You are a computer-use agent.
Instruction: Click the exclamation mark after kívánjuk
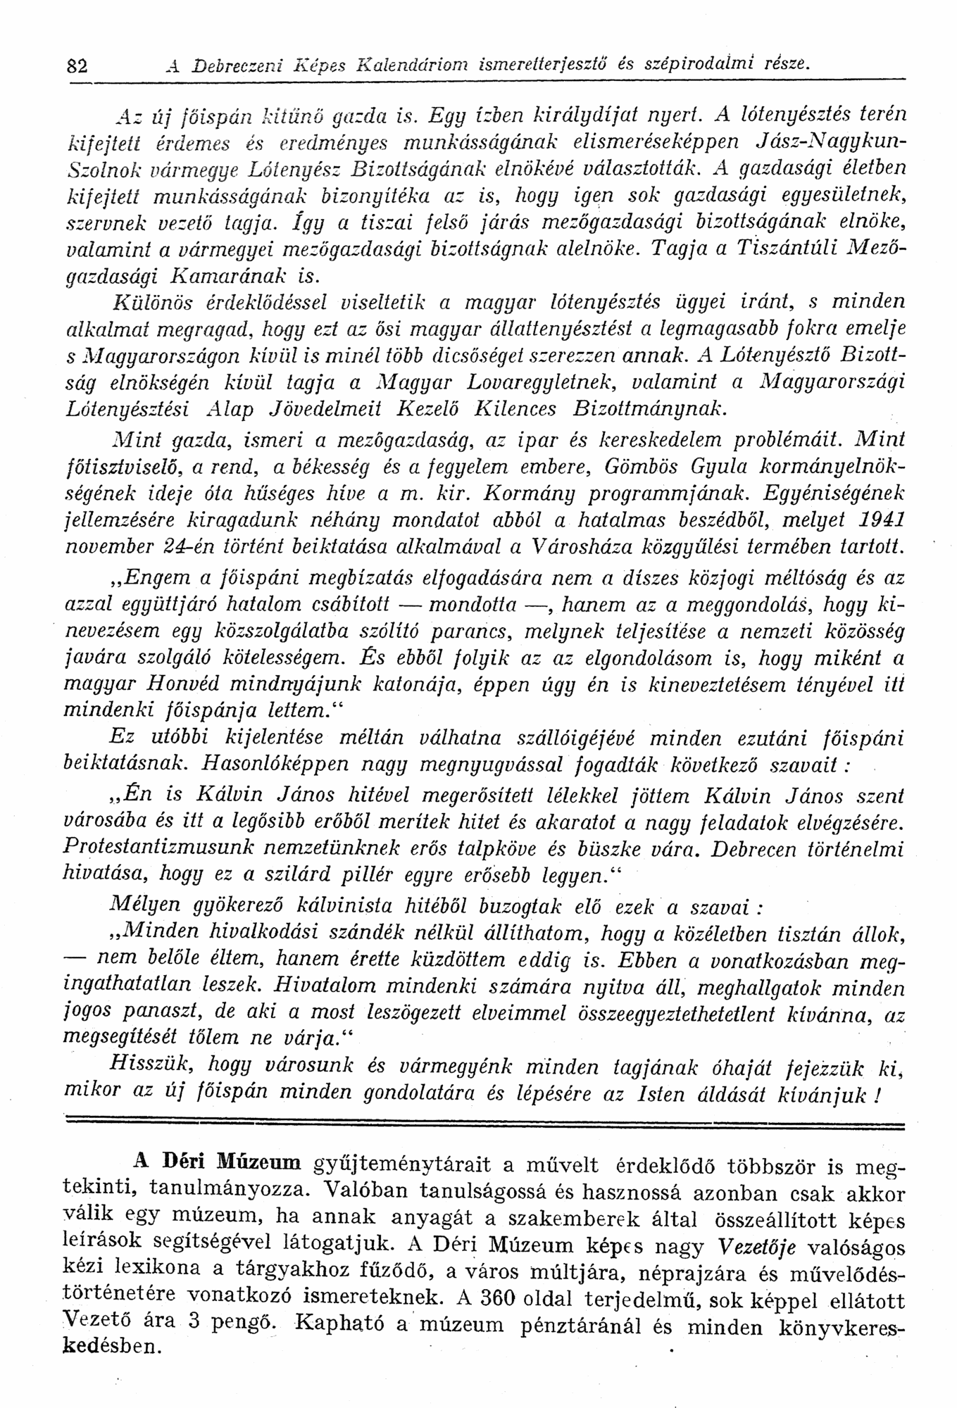(x=877, y=1095)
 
